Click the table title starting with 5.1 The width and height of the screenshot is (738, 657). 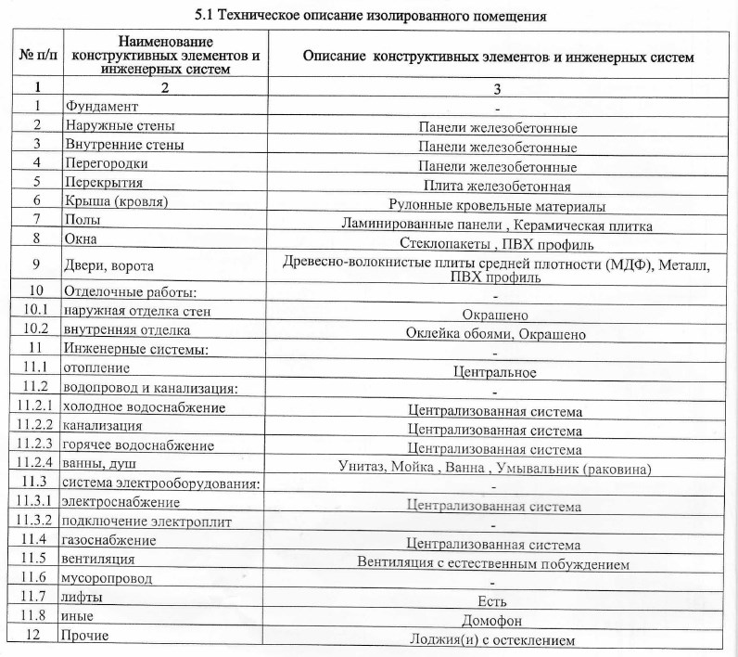point(369,16)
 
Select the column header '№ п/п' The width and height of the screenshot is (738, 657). point(37,57)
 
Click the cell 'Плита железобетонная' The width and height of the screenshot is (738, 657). point(496,187)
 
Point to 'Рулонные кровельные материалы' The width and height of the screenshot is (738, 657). point(496,206)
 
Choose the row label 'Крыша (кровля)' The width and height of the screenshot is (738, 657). point(115,200)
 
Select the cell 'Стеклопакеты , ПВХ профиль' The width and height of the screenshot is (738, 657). point(496,245)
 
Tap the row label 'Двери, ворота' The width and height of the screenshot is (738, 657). point(107,267)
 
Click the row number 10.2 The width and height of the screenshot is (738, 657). point(37,328)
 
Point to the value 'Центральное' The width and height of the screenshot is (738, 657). point(496,373)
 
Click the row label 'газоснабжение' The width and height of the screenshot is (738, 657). point(108,540)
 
